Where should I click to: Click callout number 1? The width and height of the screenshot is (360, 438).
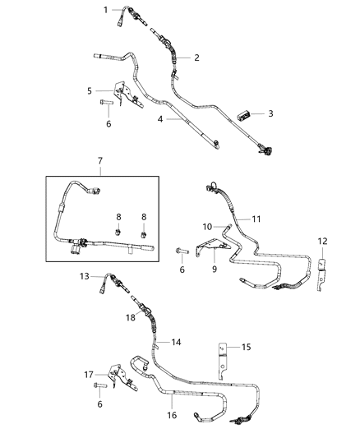[106, 9]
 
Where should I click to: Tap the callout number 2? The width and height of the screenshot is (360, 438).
[197, 58]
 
